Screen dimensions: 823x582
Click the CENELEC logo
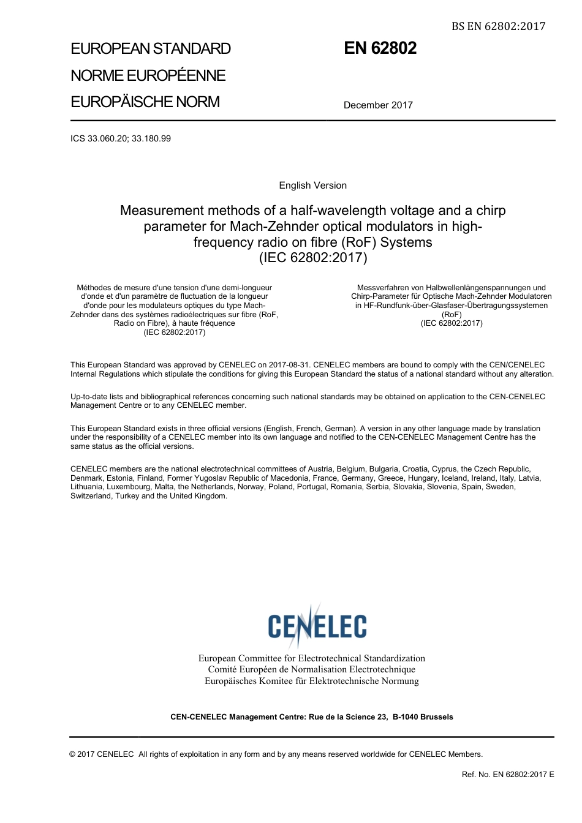317,625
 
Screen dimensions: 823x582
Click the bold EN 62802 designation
380,48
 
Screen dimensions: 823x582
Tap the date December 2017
378,105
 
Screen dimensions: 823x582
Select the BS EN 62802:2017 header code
498,26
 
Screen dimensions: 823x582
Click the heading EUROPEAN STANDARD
151,49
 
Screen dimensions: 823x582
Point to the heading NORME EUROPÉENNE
148,75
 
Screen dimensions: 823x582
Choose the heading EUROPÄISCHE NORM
145,102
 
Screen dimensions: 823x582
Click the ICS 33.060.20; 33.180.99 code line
121,138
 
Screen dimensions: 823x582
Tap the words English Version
312,186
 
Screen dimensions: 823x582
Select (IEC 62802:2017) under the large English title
313,258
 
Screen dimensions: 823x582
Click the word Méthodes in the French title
95,288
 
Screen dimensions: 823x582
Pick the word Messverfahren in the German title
383,288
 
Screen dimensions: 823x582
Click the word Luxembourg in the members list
129,487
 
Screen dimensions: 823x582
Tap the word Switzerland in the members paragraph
91,496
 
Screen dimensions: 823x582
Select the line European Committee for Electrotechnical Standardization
311,658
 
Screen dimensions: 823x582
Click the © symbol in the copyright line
73,754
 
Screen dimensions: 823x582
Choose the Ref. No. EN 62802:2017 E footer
508,775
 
